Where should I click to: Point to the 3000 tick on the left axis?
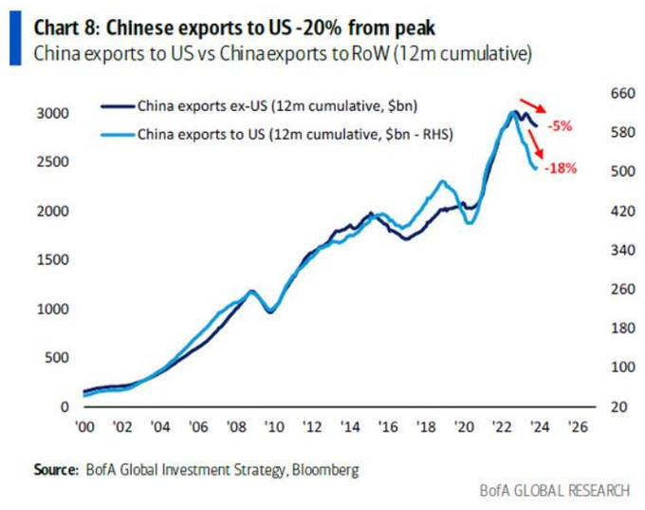click(x=52, y=113)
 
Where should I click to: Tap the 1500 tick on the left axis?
click(x=52, y=259)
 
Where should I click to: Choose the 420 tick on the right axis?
click(x=596, y=211)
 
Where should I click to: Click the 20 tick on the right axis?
click(x=599, y=407)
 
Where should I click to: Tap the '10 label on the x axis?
click(x=273, y=428)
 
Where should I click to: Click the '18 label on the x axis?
click(x=426, y=428)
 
